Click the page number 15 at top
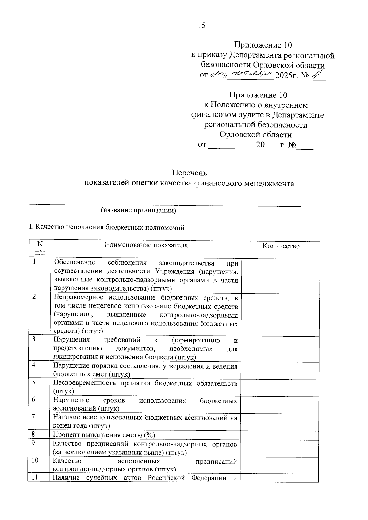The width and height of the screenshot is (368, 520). pyautogui.click(x=201, y=25)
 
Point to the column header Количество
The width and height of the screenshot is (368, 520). pyautogui.click(x=281, y=246)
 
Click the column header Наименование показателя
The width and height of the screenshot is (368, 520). pyautogui.click(x=146, y=245)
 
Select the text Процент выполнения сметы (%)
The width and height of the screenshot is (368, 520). pyautogui.click(x=104, y=435)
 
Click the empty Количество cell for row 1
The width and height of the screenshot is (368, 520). pyautogui.click(x=281, y=276)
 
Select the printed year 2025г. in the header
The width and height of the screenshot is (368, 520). pyautogui.click(x=287, y=75)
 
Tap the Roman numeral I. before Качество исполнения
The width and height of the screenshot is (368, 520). pyautogui.click(x=31, y=227)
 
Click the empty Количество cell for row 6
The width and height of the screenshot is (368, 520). pyautogui.click(x=281, y=404)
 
